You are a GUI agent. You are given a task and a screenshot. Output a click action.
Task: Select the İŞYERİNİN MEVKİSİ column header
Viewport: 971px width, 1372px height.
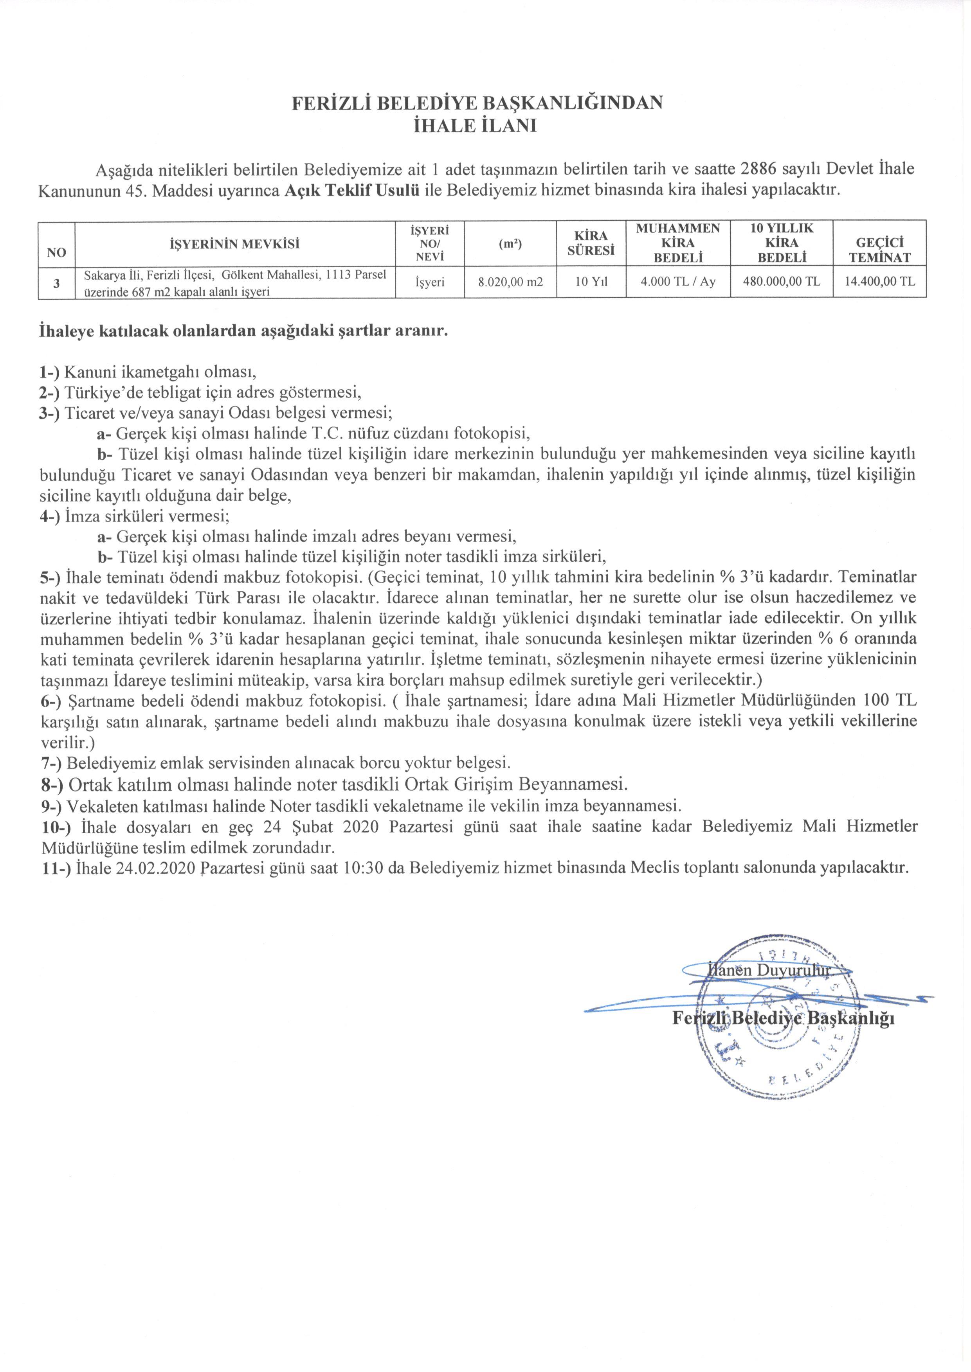pos(234,243)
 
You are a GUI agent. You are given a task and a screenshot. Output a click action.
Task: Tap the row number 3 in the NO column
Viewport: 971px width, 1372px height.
pos(56,282)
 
